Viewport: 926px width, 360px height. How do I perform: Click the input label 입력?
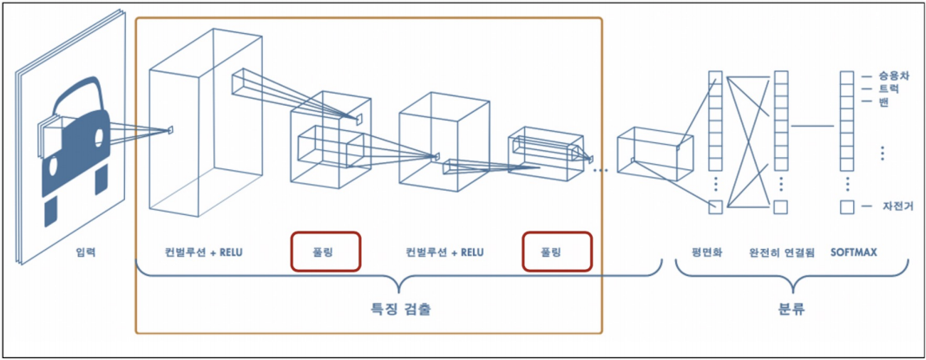tap(85, 253)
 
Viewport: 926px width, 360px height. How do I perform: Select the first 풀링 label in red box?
tap(325, 253)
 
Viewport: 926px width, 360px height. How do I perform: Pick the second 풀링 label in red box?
tap(556, 253)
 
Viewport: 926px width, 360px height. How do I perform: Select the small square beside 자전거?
tap(846, 207)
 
